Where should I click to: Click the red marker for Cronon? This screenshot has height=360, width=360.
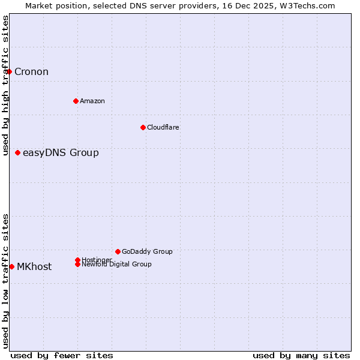9,72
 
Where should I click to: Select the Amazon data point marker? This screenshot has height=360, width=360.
76,101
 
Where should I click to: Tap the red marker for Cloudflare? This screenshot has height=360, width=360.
143,127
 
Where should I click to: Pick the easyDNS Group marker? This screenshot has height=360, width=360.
18,153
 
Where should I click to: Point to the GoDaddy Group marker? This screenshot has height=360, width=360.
118,251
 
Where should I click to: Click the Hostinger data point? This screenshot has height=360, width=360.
77,260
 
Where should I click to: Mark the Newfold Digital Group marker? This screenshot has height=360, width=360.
77,265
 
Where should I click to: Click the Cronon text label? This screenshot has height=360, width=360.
31,72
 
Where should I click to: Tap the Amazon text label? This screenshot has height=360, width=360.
92,101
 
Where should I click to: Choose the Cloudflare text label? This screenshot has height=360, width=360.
163,127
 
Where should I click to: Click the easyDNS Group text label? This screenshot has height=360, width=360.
61,153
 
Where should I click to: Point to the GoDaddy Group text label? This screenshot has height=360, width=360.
147,251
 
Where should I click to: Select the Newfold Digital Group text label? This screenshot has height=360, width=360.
116,265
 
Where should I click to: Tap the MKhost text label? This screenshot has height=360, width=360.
34,267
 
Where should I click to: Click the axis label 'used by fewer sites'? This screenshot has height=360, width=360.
62,355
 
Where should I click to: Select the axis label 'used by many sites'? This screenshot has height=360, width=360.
301,355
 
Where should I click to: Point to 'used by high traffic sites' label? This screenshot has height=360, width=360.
5,86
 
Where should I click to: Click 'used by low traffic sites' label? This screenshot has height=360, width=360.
5,281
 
